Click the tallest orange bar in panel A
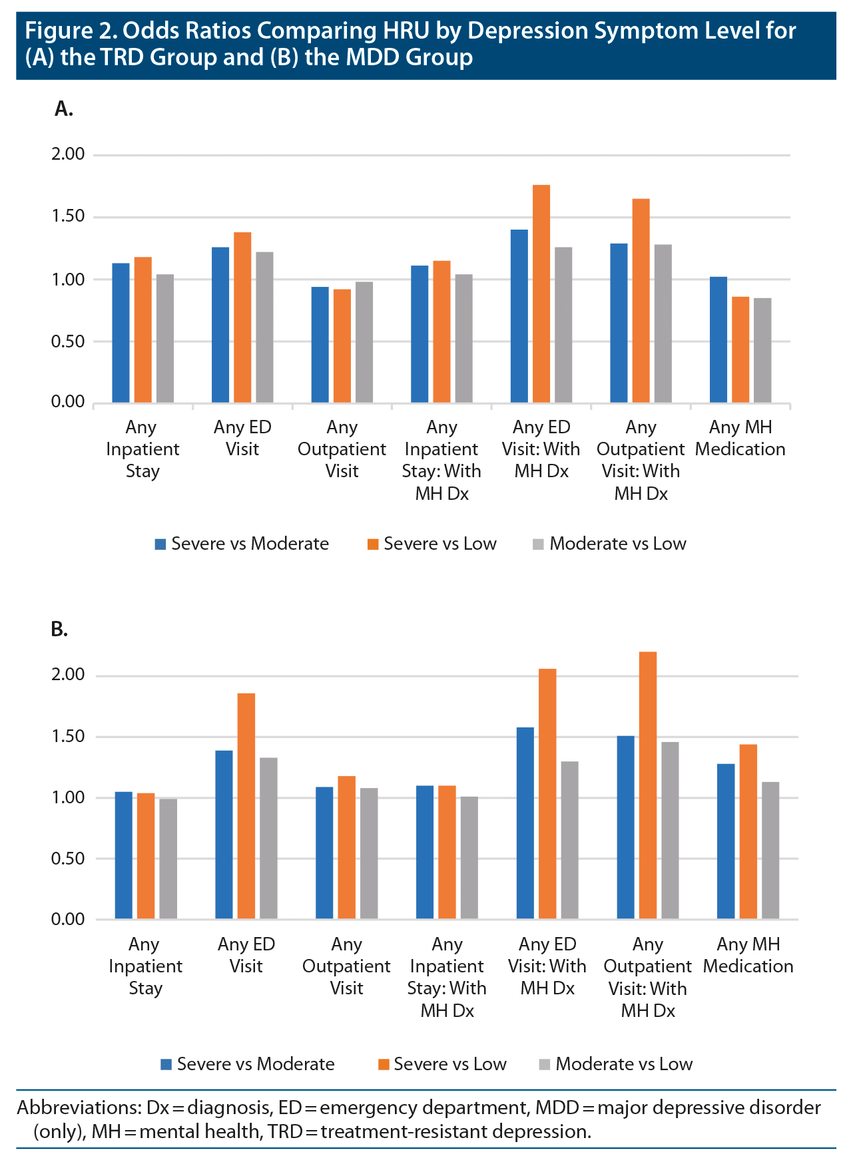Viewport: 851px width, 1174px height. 541,293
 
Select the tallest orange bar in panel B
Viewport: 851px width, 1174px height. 647,785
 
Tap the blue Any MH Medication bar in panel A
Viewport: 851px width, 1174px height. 718,339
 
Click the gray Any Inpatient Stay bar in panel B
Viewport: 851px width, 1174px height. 168,859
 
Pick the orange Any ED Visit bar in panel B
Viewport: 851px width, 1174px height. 246,806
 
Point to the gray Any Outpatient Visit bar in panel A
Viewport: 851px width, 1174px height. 364,342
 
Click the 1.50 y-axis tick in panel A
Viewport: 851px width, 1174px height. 68,216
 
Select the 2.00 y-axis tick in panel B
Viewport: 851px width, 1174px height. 68,675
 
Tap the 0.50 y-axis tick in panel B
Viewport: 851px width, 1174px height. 68,859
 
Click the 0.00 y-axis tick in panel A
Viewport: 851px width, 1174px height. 68,402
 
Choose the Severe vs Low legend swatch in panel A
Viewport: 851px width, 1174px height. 373,544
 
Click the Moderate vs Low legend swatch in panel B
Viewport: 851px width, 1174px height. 545,1065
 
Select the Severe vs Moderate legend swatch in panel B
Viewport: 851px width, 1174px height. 166,1065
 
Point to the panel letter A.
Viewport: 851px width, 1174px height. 63,109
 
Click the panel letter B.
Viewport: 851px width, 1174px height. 59,629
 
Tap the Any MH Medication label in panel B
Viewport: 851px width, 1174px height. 748,955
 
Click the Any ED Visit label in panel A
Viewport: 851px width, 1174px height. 242,438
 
